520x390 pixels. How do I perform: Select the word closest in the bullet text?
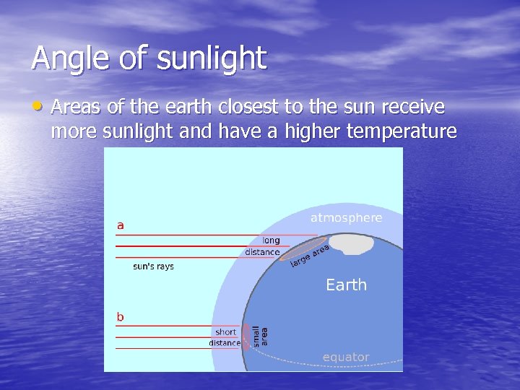point(246,108)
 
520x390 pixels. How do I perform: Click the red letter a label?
point(121,225)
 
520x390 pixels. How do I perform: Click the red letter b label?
point(121,316)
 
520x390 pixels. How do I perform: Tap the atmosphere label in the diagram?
point(346,217)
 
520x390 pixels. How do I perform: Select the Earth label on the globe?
point(346,285)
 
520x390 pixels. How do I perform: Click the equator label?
point(345,357)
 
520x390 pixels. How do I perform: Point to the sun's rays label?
point(153,266)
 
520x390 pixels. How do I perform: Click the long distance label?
point(263,246)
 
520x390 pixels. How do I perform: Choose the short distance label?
point(225,337)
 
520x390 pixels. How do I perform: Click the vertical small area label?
point(259,336)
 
